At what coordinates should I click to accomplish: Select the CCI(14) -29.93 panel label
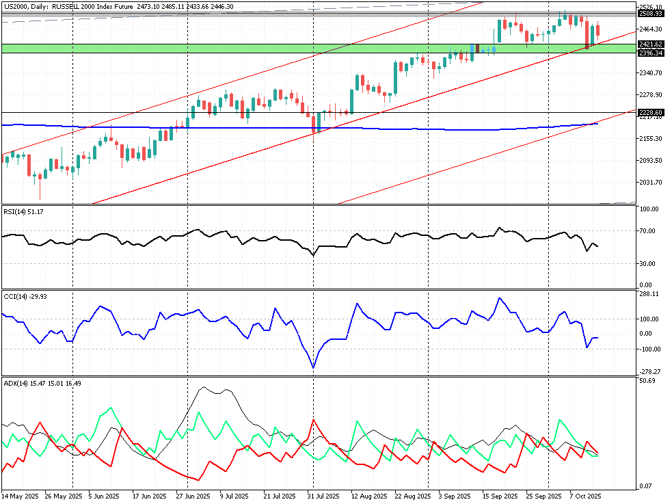(x=22, y=296)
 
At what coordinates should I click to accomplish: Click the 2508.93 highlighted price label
(x=651, y=13)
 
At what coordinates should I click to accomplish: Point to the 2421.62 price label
(x=651, y=44)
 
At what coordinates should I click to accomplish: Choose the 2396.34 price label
(x=651, y=53)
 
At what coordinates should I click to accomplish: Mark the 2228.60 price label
(x=651, y=111)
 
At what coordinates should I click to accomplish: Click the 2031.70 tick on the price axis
(x=651, y=182)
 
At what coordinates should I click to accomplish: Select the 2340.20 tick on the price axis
(x=651, y=72)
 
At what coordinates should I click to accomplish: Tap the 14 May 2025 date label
(x=20, y=496)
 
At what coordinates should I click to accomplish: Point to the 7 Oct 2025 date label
(x=585, y=496)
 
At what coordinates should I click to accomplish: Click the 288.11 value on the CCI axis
(x=649, y=294)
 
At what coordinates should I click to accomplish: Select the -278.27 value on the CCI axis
(x=649, y=371)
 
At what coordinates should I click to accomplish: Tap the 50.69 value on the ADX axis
(x=647, y=381)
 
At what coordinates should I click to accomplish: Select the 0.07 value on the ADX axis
(x=645, y=486)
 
